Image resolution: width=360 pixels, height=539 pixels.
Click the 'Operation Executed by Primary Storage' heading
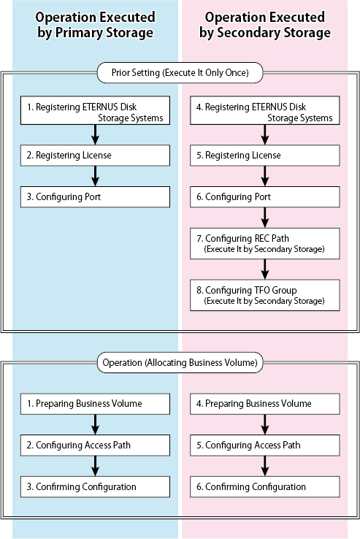point(95,25)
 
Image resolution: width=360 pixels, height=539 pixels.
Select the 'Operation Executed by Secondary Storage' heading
point(265,25)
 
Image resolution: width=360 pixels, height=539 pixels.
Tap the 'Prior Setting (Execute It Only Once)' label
point(180,72)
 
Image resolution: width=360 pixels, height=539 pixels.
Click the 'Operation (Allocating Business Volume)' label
point(180,362)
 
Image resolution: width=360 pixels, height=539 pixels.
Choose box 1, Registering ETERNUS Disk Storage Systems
point(95,110)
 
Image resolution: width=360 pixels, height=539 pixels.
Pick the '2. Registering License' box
point(95,156)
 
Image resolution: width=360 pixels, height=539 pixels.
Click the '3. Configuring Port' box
point(95,197)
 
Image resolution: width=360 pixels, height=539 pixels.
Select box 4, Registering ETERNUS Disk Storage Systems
point(265,110)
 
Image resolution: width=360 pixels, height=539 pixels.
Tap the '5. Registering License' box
point(265,156)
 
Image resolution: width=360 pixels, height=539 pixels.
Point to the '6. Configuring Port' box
point(265,197)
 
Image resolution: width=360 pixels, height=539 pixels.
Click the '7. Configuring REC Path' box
point(265,243)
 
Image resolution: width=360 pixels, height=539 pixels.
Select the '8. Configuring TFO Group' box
point(265,295)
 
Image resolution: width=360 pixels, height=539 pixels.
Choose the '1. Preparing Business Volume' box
point(95,404)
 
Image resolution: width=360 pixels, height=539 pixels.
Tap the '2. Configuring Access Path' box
point(95,446)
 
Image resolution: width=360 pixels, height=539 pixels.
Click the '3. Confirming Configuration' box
point(95,486)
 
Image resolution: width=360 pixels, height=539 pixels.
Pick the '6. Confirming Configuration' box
point(265,486)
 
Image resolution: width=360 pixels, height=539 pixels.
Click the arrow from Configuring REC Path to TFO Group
point(265,269)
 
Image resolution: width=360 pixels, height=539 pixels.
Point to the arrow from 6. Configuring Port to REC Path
point(265,218)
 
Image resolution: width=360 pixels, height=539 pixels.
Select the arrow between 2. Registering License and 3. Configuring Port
point(95,176)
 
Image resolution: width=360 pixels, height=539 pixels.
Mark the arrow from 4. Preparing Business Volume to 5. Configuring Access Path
point(265,424)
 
